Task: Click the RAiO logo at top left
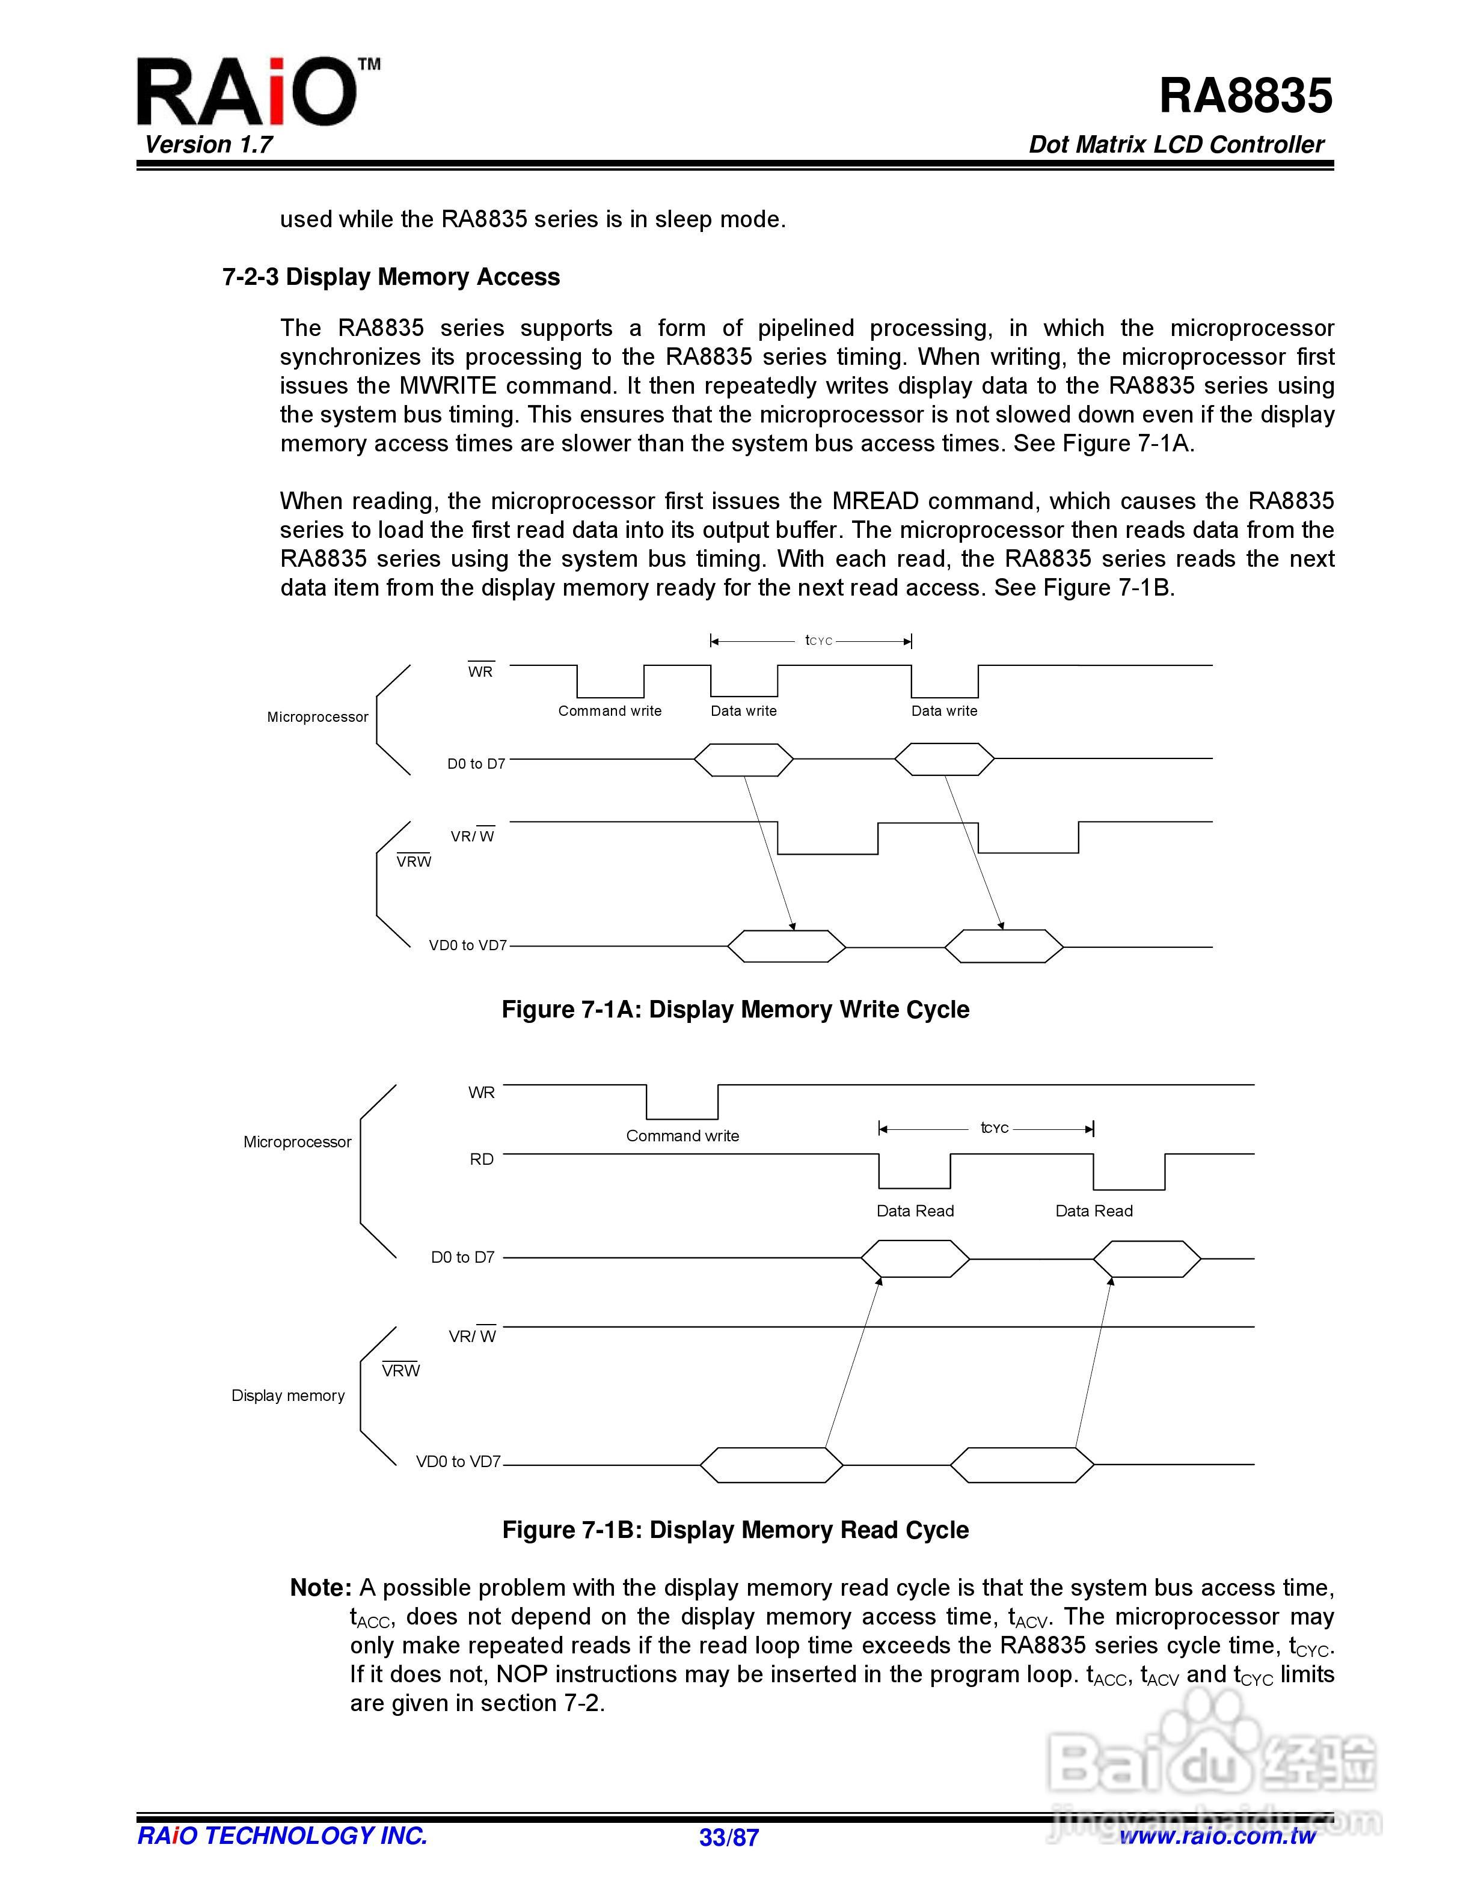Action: [x=248, y=91]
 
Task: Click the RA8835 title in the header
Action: [x=1245, y=96]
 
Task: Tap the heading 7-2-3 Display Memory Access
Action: [x=391, y=277]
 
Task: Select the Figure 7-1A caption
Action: [x=735, y=1010]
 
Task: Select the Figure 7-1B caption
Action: [x=735, y=1530]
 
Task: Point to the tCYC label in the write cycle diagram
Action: [x=819, y=641]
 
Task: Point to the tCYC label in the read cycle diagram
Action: [x=994, y=1128]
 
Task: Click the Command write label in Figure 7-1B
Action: [x=682, y=1136]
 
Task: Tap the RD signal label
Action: [x=482, y=1159]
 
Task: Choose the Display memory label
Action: [x=288, y=1396]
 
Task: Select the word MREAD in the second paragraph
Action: [x=875, y=501]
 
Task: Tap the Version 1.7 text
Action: [x=209, y=145]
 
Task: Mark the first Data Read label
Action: [x=915, y=1211]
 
